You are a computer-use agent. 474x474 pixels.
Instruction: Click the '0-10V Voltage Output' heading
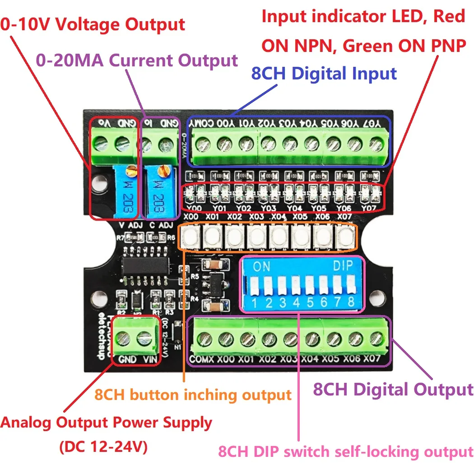point(93,25)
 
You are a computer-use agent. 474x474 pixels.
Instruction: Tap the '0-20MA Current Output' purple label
point(136,60)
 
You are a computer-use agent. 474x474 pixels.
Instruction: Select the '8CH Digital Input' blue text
point(324,74)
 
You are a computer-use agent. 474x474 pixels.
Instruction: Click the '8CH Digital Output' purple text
point(393,389)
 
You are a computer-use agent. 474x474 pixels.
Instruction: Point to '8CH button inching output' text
point(193,395)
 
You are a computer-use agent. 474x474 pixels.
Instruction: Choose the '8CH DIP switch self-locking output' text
point(345,451)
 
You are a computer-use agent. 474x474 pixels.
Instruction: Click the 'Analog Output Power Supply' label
point(106,423)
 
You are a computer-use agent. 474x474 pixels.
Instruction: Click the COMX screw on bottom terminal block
point(204,339)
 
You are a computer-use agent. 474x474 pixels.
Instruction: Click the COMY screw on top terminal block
point(203,144)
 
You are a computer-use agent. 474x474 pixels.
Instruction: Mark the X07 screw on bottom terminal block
point(375,339)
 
